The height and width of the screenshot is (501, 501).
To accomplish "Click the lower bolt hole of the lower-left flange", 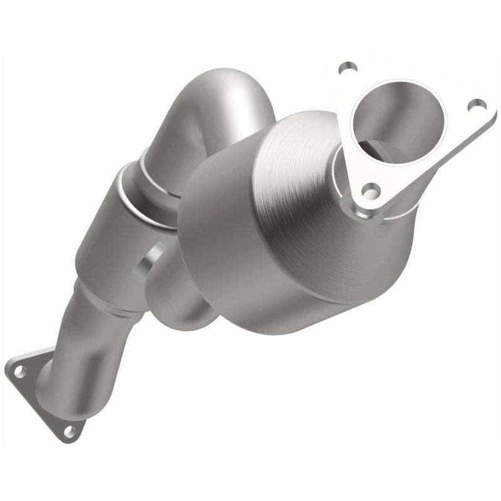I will click(x=70, y=431).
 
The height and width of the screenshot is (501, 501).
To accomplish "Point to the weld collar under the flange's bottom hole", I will click(x=376, y=213).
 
